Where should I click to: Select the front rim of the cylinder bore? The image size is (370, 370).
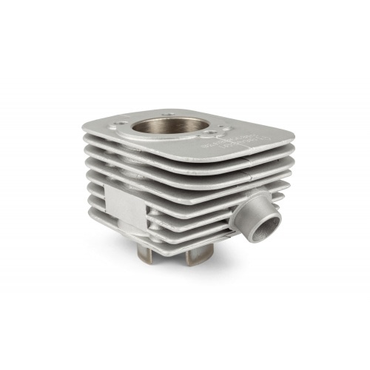(x=170, y=149)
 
